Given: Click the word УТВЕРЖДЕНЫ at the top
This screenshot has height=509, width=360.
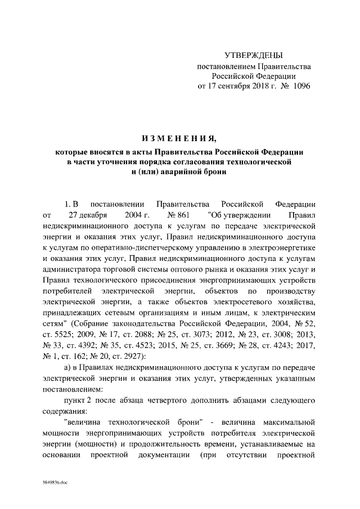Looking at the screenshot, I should point(253,55).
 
